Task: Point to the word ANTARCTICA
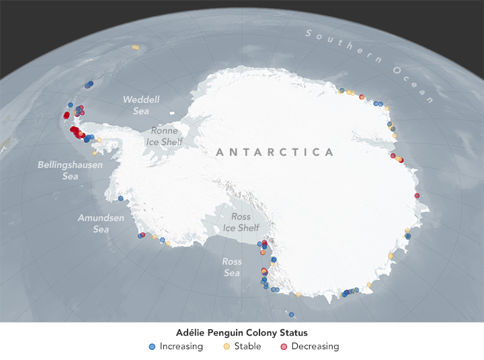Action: (275, 152)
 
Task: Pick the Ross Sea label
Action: (232, 267)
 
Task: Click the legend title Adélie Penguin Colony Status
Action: (241, 332)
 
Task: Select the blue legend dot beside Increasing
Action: (152, 347)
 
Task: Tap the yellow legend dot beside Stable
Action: (227, 347)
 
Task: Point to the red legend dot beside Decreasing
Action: (284, 347)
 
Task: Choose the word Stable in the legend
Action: (248, 347)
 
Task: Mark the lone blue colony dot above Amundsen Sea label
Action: (120, 199)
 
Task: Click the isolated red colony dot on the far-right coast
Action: (417, 195)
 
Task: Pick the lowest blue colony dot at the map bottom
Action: (291, 314)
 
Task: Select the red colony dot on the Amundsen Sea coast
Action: (143, 235)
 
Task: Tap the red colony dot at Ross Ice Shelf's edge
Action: (264, 242)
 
